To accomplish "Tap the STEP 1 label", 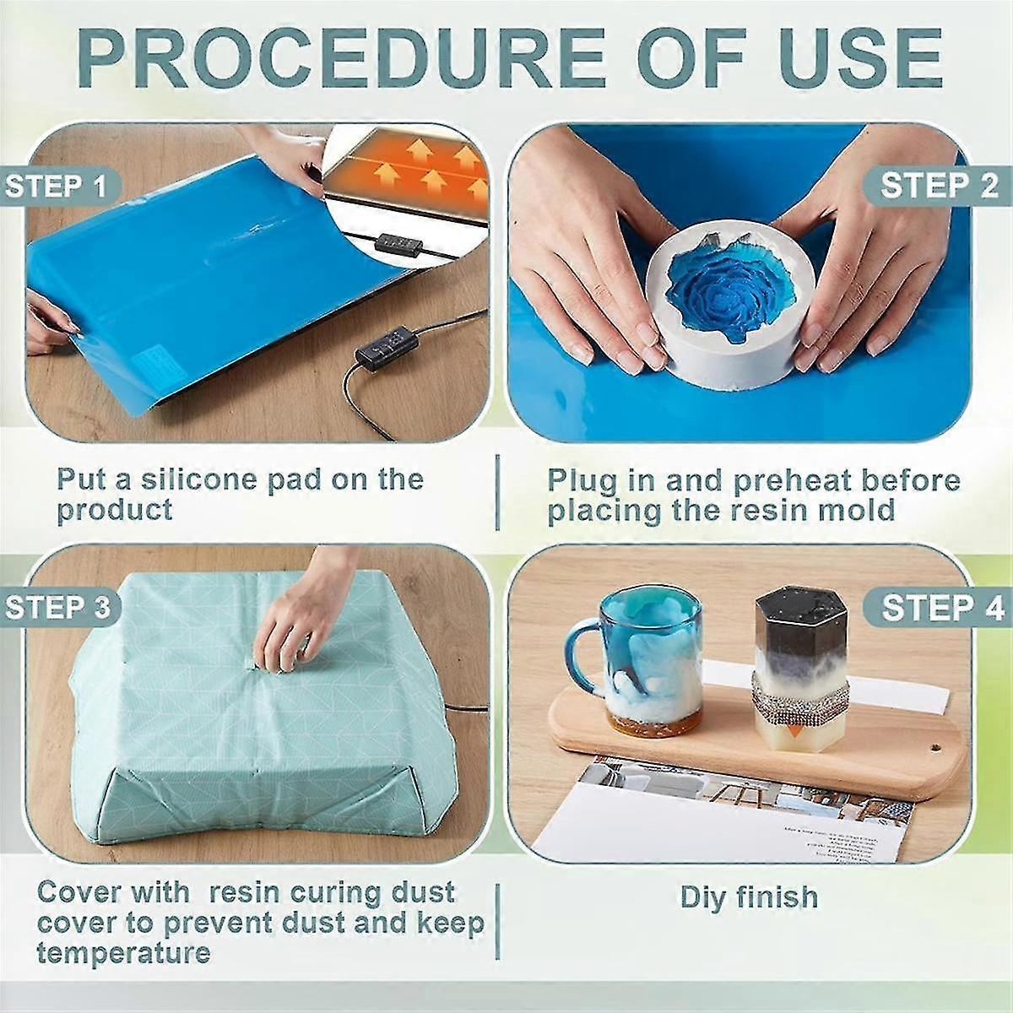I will click(x=57, y=186).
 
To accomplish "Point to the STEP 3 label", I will click(x=57, y=608).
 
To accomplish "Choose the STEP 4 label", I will click(x=942, y=608).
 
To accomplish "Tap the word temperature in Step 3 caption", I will click(x=123, y=954).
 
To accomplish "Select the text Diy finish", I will click(x=750, y=897).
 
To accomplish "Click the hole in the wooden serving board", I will click(x=935, y=749).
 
